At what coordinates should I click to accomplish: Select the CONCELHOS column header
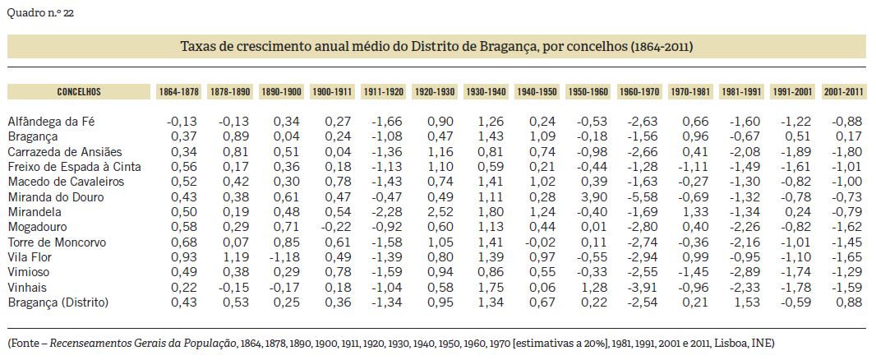[x=78, y=91]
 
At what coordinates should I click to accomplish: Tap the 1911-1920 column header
[x=384, y=91]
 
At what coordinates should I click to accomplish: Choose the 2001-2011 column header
[x=843, y=91]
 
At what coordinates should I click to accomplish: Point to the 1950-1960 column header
[x=588, y=91]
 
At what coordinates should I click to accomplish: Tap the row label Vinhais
[x=27, y=288]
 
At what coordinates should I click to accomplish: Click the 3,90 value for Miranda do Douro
[x=591, y=196]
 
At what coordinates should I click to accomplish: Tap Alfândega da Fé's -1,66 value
[x=386, y=121]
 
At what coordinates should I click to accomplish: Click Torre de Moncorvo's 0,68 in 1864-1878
[x=182, y=242]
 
